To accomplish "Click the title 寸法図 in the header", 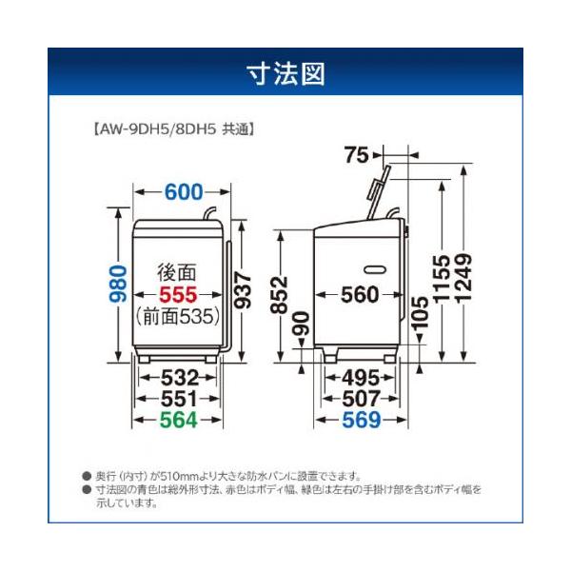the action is tap(285, 73).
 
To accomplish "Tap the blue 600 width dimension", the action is tap(184, 191).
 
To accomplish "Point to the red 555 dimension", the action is tap(178, 295).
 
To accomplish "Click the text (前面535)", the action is tap(179, 316).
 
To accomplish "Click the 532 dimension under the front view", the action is tap(178, 377).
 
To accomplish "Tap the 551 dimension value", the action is tap(178, 398).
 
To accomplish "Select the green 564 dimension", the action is tap(178, 420).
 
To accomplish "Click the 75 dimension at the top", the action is tap(357, 155).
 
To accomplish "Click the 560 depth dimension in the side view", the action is tap(360, 295).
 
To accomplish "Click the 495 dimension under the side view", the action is tap(360, 377).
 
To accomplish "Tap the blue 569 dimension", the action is tap(360, 420).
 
